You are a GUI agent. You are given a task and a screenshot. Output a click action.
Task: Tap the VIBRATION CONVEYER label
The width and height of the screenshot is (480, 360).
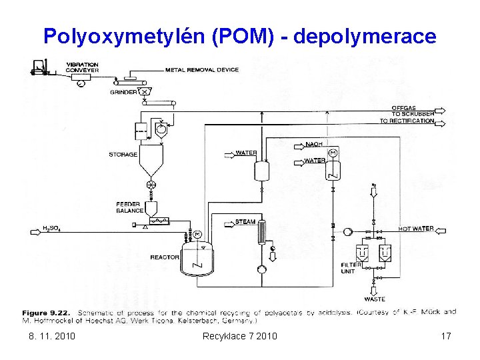click(82, 67)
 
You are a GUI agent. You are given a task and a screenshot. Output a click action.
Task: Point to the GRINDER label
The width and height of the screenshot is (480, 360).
click(123, 93)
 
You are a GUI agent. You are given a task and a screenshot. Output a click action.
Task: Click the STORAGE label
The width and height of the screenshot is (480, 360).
click(123, 155)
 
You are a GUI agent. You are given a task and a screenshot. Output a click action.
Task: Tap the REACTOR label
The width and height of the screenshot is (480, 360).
click(165, 257)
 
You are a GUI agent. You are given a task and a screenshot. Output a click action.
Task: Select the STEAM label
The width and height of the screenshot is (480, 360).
click(245, 222)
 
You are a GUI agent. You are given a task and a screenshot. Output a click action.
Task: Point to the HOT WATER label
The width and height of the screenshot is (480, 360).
click(415, 229)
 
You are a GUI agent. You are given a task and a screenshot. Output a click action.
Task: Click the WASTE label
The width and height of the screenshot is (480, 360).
click(375, 299)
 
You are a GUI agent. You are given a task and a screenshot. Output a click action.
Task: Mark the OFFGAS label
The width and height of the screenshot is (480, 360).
click(404, 108)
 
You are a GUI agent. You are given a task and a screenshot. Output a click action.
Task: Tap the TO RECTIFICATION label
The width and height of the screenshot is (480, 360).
click(407, 121)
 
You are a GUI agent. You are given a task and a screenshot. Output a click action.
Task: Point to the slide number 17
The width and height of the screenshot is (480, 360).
click(446, 336)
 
